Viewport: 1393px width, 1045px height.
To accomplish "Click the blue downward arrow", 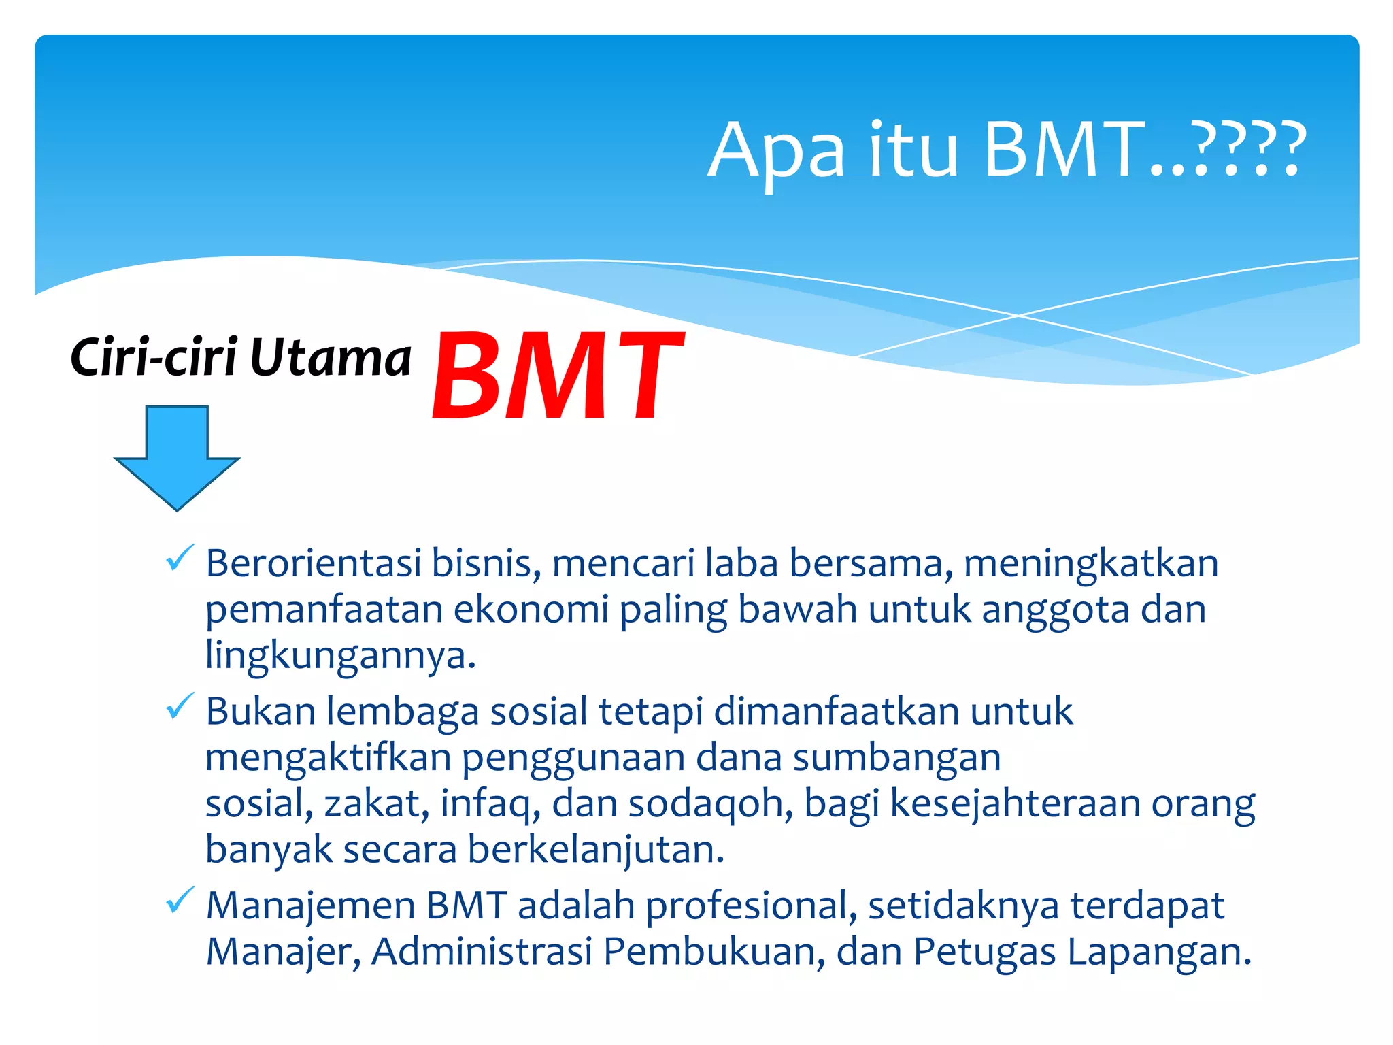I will pyautogui.click(x=177, y=456).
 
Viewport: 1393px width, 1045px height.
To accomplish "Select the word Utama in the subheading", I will pyautogui.click(x=331, y=358).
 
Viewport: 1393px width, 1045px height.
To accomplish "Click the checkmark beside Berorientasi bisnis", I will pyautogui.click(x=180, y=559).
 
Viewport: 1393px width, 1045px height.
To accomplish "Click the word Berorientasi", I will pyautogui.click(x=313, y=563).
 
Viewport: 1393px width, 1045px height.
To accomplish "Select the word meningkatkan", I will pyautogui.click(x=1091, y=565).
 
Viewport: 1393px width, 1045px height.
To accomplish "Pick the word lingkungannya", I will pyautogui.click(x=340, y=656).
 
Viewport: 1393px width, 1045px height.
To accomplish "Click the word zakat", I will pyautogui.click(x=376, y=803).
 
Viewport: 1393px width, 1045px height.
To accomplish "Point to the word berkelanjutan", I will pyautogui.click(x=596, y=850).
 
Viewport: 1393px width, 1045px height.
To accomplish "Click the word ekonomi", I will pyautogui.click(x=531, y=609).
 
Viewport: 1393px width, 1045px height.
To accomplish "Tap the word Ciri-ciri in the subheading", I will pyautogui.click(x=154, y=358).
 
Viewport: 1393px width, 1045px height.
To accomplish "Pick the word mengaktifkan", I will pyautogui.click(x=328, y=759).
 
